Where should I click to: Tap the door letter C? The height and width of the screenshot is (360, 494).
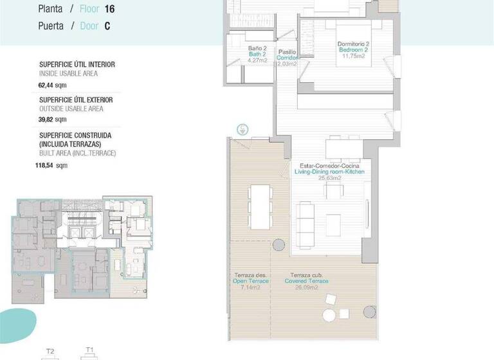107,26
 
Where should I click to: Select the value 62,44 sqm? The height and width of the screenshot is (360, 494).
52,84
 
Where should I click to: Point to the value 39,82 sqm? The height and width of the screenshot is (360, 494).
52,119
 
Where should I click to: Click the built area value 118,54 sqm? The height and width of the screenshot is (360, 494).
51,165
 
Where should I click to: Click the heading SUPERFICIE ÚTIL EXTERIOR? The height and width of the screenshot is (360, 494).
76,100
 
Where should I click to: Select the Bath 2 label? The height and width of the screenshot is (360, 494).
257,55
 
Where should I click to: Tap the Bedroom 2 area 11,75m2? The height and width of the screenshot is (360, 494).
353,56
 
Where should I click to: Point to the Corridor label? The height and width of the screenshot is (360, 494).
287,57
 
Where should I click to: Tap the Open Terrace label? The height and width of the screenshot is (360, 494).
248,282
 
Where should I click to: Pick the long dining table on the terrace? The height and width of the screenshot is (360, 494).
260,206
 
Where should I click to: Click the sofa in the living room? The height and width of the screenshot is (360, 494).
306,219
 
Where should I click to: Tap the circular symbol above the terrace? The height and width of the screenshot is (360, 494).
242,129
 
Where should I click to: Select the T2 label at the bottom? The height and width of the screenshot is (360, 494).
51,351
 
